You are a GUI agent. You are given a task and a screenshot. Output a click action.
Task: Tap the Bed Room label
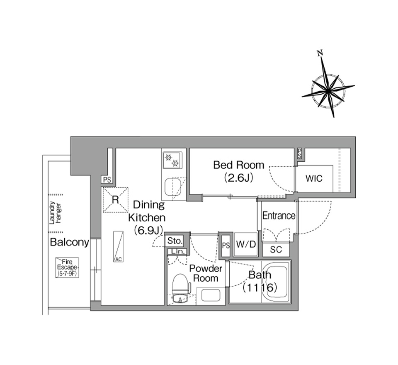point(238,165)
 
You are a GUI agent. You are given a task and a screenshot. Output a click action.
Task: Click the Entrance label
point(279,216)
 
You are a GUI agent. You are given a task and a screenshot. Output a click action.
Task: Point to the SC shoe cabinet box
point(276,250)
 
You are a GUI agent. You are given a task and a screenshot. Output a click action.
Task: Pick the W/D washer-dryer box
point(246,245)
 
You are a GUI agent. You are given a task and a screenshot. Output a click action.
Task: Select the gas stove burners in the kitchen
point(172,160)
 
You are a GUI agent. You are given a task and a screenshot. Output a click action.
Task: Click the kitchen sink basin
point(173,187)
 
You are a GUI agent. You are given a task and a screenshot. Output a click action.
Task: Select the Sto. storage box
point(175,241)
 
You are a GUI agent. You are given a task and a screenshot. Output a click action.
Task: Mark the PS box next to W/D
point(226,245)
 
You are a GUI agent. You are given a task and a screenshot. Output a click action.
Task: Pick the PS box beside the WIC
point(299,154)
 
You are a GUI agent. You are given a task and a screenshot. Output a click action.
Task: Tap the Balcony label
point(69,243)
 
